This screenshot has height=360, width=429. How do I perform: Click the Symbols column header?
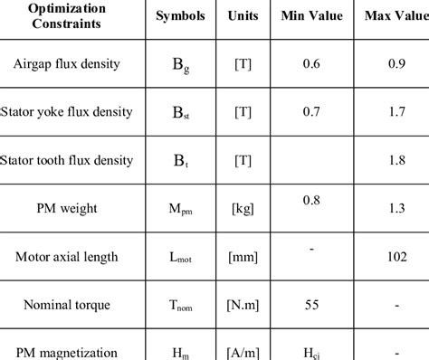pos(180,16)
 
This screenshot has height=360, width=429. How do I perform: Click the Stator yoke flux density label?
pos(69,112)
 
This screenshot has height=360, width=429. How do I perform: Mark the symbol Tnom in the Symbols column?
pos(180,306)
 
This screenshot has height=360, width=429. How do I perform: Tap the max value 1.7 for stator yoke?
pos(396,112)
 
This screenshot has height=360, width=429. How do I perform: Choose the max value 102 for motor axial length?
pos(395,257)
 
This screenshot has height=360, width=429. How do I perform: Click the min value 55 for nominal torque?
pos(311,305)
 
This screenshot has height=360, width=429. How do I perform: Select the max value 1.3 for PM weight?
pos(396,209)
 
